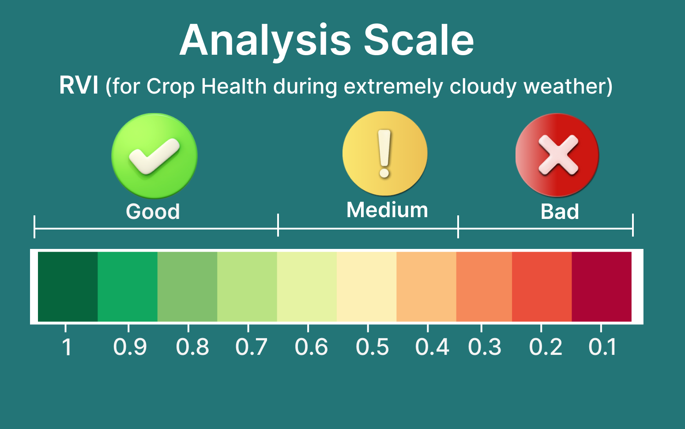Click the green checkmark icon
[154, 156]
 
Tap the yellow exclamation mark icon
[385, 154]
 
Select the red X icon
[557, 155]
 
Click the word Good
[153, 211]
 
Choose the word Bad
[560, 211]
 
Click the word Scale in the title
[419, 40]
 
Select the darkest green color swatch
[68, 286]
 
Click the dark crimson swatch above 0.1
[602, 286]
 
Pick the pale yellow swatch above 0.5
[367, 286]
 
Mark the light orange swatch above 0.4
[426, 286]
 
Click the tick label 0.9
[130, 347]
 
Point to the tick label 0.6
[311, 347]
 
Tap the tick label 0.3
[485, 347]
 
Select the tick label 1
[67, 347]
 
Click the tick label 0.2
[546, 347]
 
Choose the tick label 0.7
[252, 347]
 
